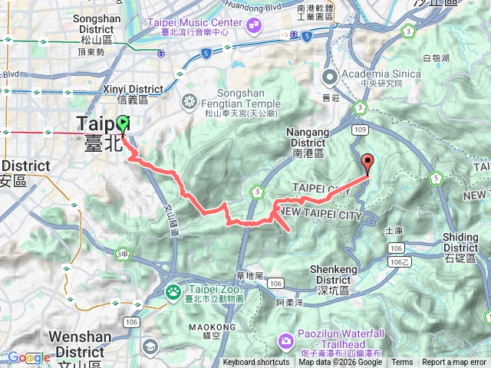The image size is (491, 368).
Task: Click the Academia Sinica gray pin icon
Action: coord(331,77)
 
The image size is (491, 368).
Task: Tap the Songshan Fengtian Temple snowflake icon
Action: coord(189,101)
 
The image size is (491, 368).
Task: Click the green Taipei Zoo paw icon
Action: coord(173,291)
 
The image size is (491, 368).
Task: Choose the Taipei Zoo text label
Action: coord(215,292)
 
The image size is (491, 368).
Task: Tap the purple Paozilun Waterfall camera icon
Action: coord(285,339)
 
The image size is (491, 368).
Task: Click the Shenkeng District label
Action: coord(341,274)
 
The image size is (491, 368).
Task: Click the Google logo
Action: coord(28,358)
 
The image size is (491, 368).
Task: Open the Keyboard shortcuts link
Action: coord(256,363)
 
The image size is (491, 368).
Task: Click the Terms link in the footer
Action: coord(402,363)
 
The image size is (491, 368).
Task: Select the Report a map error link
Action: coord(453,363)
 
